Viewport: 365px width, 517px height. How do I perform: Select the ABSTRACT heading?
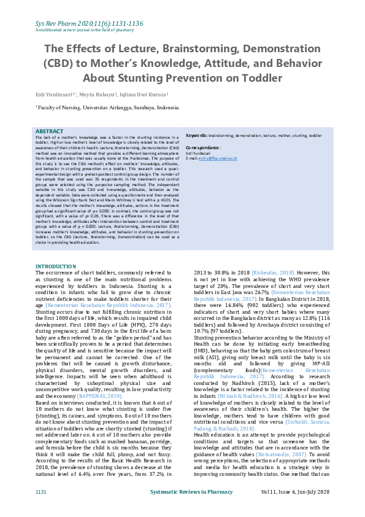click(x=49, y=132)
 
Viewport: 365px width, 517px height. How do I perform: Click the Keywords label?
click(x=196, y=134)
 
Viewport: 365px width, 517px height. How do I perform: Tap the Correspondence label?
click(x=202, y=148)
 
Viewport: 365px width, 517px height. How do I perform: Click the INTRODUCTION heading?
click(x=56, y=266)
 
